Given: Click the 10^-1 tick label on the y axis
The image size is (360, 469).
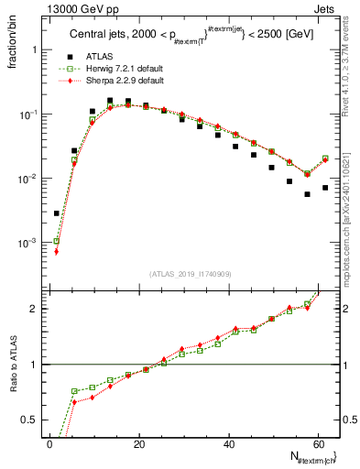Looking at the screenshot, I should (x=30, y=115).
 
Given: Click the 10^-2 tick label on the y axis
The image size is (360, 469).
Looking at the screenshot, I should (x=30, y=179).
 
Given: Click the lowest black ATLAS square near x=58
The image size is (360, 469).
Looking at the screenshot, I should (x=307, y=194).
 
